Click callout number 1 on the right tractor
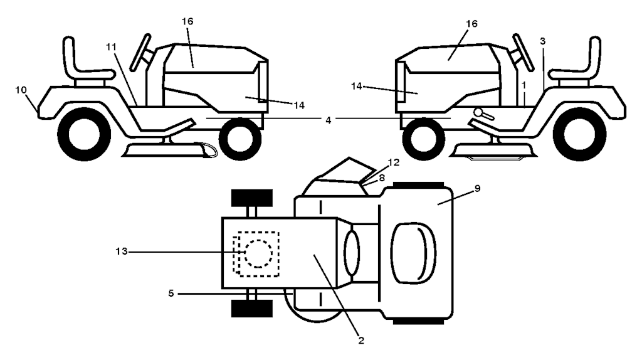[x=523, y=83]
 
